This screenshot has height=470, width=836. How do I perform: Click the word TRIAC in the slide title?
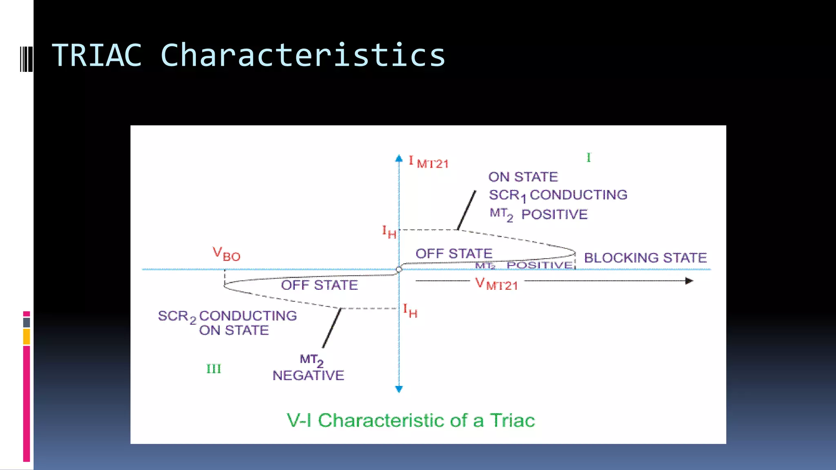click(x=97, y=55)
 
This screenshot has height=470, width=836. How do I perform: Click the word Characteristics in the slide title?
click(x=303, y=55)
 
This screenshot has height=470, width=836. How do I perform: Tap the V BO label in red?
click(x=227, y=254)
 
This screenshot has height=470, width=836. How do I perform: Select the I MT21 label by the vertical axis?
click(x=428, y=162)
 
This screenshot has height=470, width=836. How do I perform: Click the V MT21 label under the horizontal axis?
click(x=496, y=284)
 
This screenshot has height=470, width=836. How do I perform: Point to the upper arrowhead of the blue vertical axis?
click(x=399, y=158)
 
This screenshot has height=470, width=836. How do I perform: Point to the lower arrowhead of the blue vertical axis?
click(x=399, y=389)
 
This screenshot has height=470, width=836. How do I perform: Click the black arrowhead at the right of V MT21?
click(x=689, y=281)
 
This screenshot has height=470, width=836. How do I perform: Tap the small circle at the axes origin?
click(x=399, y=270)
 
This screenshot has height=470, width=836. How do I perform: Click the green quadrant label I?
click(x=588, y=157)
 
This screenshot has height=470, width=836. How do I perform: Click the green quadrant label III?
click(x=213, y=369)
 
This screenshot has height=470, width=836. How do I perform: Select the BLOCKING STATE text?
click(x=645, y=258)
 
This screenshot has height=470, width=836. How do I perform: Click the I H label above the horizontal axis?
click(x=389, y=232)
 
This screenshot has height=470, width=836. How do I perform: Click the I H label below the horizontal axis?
click(x=410, y=311)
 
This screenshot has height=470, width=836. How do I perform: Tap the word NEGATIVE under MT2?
click(x=308, y=375)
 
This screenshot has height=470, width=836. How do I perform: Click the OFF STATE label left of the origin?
click(x=319, y=285)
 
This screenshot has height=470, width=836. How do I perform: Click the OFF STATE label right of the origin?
click(x=454, y=253)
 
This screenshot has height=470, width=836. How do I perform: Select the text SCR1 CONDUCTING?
click(x=558, y=195)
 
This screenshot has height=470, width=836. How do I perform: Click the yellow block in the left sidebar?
click(x=27, y=337)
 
